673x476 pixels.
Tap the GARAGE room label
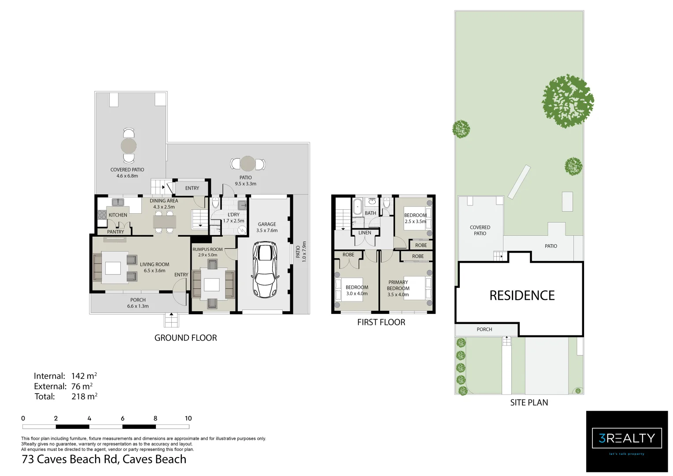[x=267, y=224]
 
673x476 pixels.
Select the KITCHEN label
[x=118, y=215]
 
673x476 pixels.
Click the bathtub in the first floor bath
[x=358, y=206]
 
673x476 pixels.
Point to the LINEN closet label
[x=365, y=232]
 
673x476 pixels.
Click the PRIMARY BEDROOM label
[x=398, y=285]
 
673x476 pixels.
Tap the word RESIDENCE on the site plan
[x=522, y=295]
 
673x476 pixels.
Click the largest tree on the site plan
[x=568, y=101]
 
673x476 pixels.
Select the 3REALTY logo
[x=627, y=442]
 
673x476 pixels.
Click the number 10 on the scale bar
[x=188, y=418]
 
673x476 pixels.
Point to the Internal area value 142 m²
[x=84, y=376]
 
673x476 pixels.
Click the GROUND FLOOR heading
[x=185, y=338]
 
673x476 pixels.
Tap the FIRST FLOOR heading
[x=381, y=322]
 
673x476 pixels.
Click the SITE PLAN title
[x=529, y=402]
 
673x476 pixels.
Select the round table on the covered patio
[x=129, y=146]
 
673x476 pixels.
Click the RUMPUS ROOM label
[x=207, y=249]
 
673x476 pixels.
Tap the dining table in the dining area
[x=164, y=222]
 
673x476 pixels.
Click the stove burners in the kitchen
[x=102, y=215]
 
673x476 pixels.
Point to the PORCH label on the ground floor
[x=138, y=300]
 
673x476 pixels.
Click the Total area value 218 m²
[x=84, y=396]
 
